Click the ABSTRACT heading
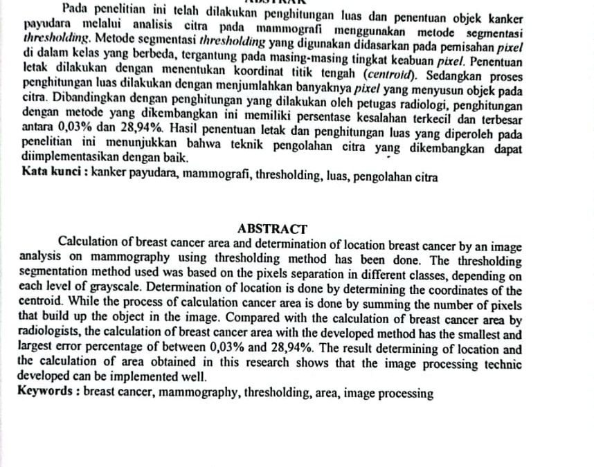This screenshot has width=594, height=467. click(x=272, y=228)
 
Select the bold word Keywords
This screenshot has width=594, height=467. click(x=46, y=394)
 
